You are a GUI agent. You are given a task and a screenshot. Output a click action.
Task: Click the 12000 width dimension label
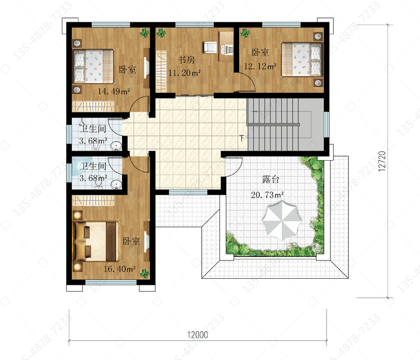198,335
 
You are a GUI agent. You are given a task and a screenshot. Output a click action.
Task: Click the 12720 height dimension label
382,161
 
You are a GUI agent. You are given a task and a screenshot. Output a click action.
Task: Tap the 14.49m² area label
114,91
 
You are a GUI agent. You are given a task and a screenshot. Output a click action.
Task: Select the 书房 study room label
186,59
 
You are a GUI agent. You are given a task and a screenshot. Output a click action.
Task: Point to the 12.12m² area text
260,66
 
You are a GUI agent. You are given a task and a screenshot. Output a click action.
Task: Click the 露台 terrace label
270,179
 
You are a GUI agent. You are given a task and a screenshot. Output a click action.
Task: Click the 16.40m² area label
119,269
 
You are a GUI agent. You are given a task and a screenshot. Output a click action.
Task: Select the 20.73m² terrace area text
267,195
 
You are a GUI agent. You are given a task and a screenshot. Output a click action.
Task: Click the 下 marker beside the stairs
242,138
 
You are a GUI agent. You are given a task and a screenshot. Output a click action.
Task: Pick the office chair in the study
210,47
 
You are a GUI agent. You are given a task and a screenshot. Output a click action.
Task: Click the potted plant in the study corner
161,33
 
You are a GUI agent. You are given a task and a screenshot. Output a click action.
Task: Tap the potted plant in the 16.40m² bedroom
144,273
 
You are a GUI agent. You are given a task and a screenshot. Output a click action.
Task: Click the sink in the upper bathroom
116,146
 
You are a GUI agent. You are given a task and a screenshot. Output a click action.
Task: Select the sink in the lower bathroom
116,185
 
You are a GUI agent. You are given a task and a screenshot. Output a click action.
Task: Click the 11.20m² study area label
185,73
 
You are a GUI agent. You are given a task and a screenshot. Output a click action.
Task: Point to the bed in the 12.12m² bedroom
301,59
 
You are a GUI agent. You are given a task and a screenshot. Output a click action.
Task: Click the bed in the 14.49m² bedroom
94,66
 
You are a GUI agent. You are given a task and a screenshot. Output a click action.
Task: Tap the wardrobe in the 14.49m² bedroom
93,106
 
